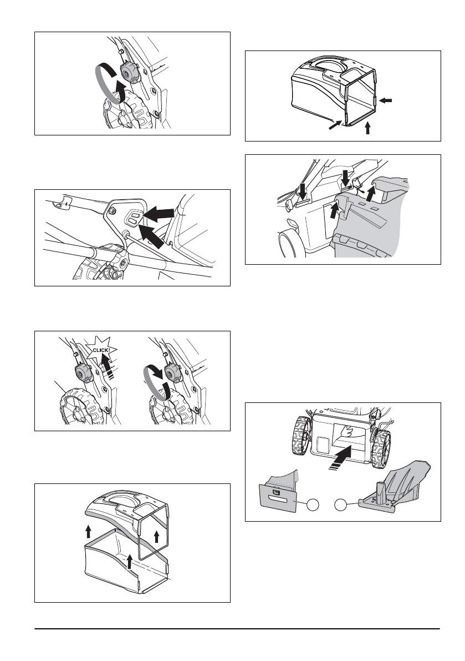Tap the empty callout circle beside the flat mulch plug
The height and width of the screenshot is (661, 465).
[x=313, y=504]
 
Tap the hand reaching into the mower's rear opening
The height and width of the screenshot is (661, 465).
[x=349, y=431]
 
